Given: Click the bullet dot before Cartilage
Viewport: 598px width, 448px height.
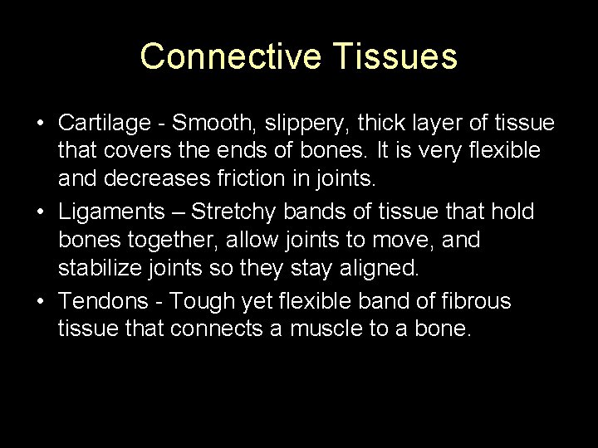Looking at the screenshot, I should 41,124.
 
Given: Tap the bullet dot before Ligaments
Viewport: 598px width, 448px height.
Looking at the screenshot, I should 41,212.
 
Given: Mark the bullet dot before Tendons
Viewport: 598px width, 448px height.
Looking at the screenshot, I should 41,300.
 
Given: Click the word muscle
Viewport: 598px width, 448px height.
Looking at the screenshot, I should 330,329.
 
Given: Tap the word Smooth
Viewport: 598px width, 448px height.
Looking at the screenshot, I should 218,124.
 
